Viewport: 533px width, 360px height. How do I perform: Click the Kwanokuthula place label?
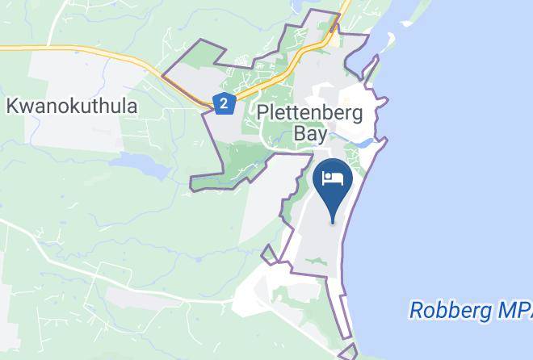pyautogui.click(x=72, y=106)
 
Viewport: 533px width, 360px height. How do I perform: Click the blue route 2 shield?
pyautogui.click(x=224, y=103)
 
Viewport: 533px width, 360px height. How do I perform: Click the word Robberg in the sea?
pyautogui.click(x=447, y=309)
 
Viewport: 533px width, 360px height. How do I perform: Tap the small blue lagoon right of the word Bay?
pyautogui.click(x=366, y=143)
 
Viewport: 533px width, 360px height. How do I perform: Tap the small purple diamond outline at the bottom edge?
pyautogui.click(x=348, y=353)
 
